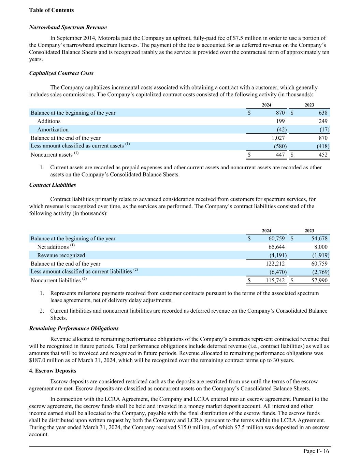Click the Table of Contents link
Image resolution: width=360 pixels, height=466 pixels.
pos(52,10)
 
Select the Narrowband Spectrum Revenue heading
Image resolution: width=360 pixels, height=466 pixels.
pos(68,27)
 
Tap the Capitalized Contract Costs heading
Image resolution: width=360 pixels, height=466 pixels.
pos(61,73)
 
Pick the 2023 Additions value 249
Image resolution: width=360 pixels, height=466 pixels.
pos(322,121)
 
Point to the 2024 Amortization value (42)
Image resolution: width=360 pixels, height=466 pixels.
pos(281,130)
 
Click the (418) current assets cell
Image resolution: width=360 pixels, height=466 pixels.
pos(323,146)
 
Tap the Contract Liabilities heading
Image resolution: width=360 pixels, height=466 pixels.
pos(53,185)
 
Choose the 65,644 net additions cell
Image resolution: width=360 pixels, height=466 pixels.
pos(276,247)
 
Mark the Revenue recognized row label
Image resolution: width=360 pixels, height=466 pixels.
pos(61,255)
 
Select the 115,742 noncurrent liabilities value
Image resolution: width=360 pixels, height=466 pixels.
pos(275,280)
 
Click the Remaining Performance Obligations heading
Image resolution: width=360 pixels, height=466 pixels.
pos(74,328)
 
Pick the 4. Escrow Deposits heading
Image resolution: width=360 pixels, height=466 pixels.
pos(53,371)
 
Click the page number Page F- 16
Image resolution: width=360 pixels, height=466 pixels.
pos(316,451)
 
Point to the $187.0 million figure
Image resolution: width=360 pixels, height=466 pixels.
pos(44,360)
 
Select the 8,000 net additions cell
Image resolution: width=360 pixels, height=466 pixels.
pos(320,247)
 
